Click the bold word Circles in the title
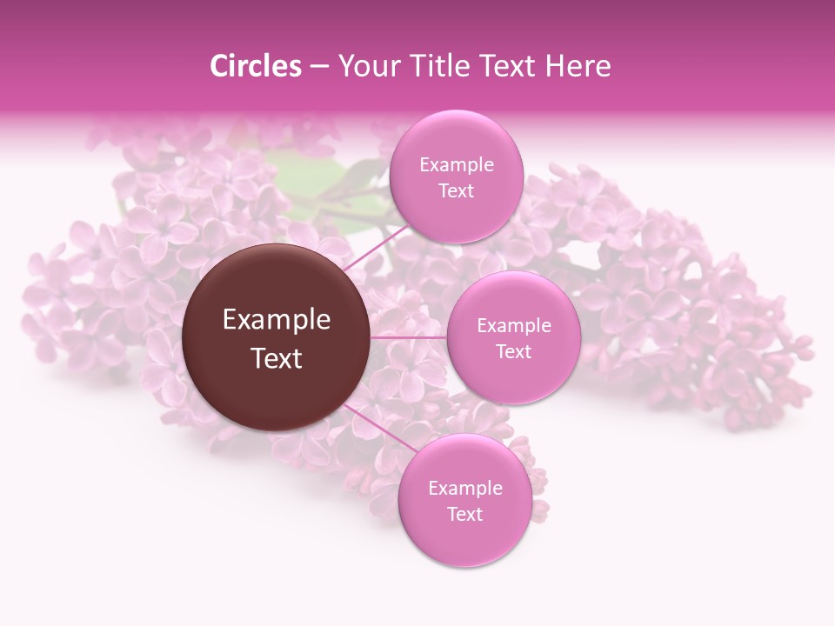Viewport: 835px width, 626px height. pos(255,66)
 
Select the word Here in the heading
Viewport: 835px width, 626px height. pos(578,66)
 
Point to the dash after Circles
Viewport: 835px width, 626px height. pos(319,67)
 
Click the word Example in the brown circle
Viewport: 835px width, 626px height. pos(277,320)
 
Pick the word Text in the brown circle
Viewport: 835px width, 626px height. pos(277,358)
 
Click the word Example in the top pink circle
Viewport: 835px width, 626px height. pos(456,165)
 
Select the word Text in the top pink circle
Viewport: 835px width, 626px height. pos(456,190)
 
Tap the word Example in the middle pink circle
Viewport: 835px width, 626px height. pos(513,326)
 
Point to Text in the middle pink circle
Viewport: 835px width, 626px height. pos(513,351)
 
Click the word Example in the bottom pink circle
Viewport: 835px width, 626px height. pos(464,489)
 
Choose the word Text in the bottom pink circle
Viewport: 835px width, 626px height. pos(464,514)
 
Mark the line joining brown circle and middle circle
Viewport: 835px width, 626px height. pos(409,336)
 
